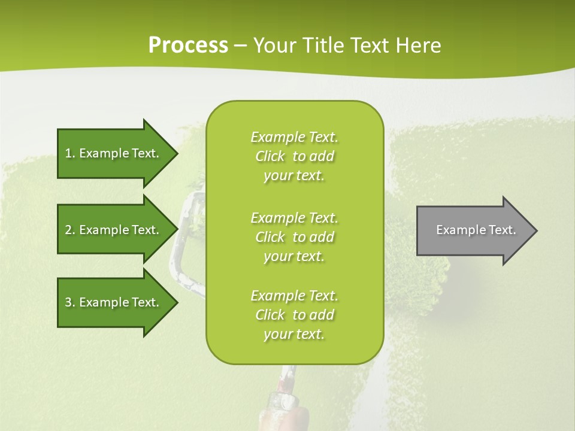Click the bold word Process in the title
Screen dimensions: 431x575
click(x=188, y=45)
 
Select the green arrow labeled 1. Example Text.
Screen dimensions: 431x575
click(x=114, y=153)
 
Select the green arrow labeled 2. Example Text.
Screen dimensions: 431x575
click(x=114, y=230)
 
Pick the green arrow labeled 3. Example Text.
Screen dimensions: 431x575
click(x=114, y=302)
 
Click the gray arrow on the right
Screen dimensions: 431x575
click(x=473, y=230)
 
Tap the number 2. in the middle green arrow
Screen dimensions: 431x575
click(x=69, y=230)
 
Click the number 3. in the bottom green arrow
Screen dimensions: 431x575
click(x=69, y=302)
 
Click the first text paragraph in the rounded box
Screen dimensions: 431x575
click(x=294, y=156)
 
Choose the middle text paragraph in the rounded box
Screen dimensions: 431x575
click(x=294, y=237)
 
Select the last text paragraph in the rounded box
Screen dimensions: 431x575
click(x=294, y=315)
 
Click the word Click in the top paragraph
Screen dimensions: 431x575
click(x=270, y=156)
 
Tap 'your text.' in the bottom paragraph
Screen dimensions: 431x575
click(x=294, y=334)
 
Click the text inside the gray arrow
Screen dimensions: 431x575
click(x=476, y=230)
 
